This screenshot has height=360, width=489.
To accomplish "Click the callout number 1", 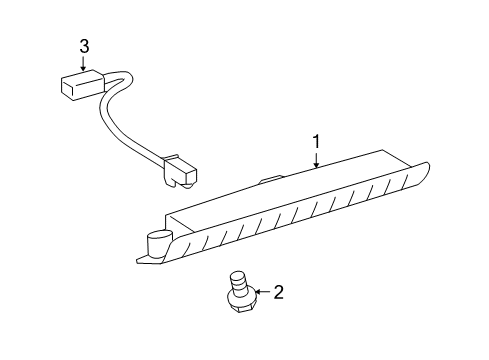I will pyautogui.click(x=316, y=142).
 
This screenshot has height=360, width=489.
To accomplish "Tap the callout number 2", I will pyautogui.click(x=278, y=292).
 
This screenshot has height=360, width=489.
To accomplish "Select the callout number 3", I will pyautogui.click(x=84, y=45).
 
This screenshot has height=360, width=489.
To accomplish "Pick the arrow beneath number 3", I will pyautogui.click(x=84, y=62).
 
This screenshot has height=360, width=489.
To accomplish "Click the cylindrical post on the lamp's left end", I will pyautogui.click(x=157, y=244).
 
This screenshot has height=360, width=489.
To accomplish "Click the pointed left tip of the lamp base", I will pyautogui.click(x=138, y=262).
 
